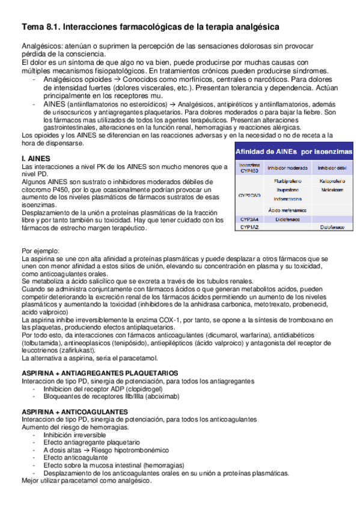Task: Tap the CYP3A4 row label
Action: point(249,220)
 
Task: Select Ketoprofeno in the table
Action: point(331,180)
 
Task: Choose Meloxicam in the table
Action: point(331,189)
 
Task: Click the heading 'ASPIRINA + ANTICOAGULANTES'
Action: point(74,411)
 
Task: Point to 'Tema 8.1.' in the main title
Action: point(40,27)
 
